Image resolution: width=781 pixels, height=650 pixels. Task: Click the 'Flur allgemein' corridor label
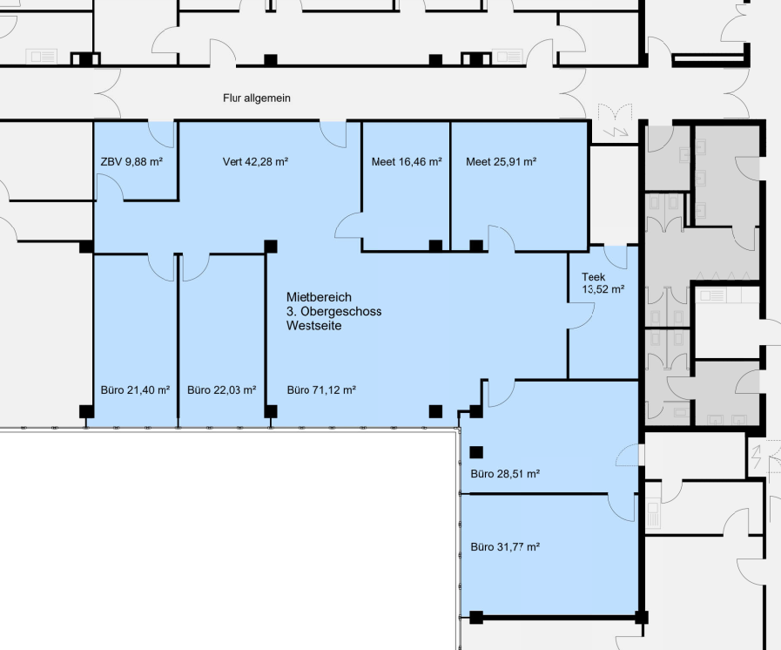tap(257, 98)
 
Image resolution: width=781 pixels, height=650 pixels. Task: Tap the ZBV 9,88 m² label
tap(131, 161)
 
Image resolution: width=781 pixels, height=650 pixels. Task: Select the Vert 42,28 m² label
tap(255, 161)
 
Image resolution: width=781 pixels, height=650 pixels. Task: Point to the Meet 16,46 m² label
tap(407, 161)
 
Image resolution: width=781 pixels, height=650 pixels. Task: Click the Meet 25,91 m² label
tap(501, 161)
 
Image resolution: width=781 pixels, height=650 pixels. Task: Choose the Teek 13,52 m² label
tap(603, 283)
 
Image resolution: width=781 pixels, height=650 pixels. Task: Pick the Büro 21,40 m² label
tap(135, 389)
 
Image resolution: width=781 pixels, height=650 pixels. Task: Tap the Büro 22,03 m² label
tap(222, 389)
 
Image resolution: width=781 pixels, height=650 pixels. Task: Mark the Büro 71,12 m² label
tap(321, 389)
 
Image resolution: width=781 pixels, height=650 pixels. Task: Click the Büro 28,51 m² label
tap(505, 473)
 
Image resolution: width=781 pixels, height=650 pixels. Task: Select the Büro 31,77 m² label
tap(505, 547)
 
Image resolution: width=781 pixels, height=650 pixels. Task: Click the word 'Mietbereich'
tap(319, 297)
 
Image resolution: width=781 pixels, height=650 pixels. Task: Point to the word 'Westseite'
tap(313, 326)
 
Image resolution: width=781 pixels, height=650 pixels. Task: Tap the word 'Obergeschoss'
tap(340, 312)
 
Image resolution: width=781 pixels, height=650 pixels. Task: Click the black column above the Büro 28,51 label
tap(476, 452)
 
